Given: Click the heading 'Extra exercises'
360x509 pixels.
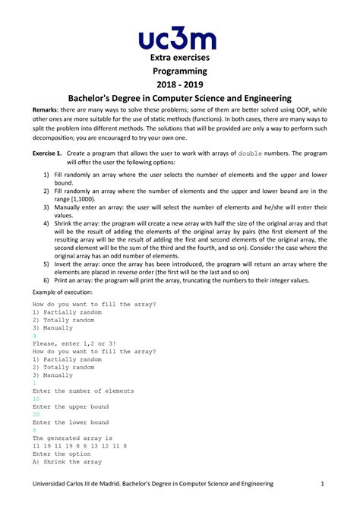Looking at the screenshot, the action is tap(179, 58).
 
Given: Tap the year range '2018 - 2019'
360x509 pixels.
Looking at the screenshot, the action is tap(179, 84).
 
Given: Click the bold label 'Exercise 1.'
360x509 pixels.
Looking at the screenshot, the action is tap(47, 153).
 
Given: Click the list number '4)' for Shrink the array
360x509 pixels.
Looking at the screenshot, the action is tap(46, 223).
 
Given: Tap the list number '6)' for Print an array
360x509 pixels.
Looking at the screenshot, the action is tap(46, 280).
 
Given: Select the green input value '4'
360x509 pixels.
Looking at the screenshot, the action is tap(34, 334).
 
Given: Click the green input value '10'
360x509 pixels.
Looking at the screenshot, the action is tap(36, 399).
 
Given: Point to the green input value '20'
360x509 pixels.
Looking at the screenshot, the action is tap(36, 415).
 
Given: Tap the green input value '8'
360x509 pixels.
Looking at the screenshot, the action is tap(34, 431).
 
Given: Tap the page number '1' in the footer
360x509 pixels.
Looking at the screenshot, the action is tap(322, 485).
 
